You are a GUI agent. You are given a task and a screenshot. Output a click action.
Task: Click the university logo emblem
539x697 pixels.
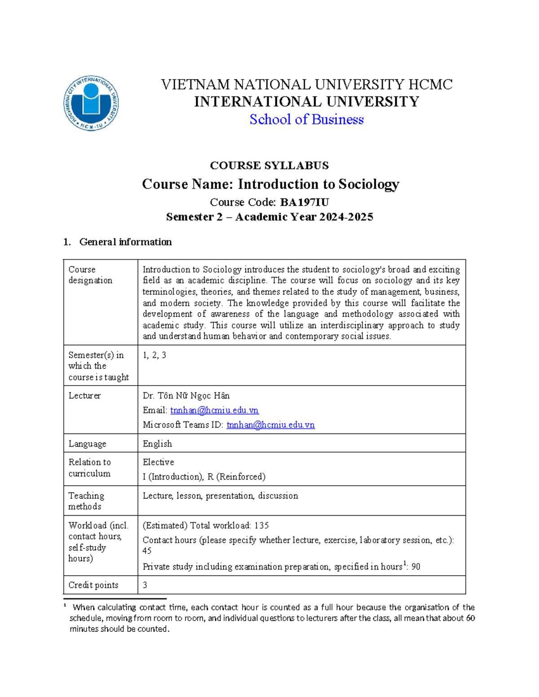coord(91,103)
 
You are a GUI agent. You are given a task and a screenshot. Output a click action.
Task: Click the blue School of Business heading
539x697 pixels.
coord(306,119)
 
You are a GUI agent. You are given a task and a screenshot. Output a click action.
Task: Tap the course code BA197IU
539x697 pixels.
coord(305,202)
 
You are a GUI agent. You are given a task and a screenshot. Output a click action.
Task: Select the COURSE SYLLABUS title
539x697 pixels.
coord(269,166)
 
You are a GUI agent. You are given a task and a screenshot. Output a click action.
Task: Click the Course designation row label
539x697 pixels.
coord(90,275)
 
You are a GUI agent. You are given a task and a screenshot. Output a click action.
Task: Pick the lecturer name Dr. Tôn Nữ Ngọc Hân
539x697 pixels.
coord(186,395)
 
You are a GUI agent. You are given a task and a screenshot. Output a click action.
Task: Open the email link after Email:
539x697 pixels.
coord(214,410)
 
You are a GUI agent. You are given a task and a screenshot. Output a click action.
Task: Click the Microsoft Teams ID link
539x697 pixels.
coord(270,425)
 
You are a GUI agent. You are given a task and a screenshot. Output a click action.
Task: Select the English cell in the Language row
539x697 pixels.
coord(157,443)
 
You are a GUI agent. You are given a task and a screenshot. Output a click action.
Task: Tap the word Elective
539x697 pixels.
coord(158,462)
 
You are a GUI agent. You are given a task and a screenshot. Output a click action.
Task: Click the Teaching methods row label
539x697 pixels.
coord(86,501)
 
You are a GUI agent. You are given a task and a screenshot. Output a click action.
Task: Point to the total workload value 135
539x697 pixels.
coord(261,525)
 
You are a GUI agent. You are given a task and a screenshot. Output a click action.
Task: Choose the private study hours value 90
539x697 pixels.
coord(415,567)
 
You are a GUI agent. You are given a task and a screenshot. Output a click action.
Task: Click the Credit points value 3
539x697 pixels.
coord(145,585)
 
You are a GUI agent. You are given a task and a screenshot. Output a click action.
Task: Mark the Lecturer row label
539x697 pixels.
coord(84,395)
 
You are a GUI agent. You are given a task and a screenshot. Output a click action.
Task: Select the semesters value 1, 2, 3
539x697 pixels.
coord(154,355)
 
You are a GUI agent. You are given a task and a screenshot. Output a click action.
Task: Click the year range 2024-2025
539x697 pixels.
coord(346,217)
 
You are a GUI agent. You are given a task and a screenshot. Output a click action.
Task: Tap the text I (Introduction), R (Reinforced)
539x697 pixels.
coord(204,477)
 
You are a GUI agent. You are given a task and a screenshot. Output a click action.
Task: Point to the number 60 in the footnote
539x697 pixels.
coord(470,618)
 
